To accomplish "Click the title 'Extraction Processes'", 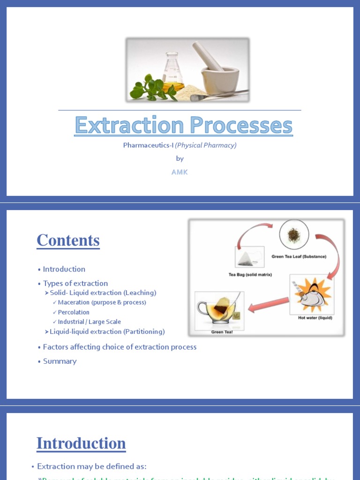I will pos(183,126).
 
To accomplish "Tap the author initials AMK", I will pos(180,172).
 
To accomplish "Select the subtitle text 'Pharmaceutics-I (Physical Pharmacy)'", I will pos(180,145).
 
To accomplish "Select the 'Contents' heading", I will pos(68,240).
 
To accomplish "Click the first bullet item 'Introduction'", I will pos(64,269).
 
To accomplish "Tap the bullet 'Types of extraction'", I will pos(75,283).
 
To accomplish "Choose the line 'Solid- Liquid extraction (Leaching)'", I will pos(103,293).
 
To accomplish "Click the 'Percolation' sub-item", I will pos(74,312).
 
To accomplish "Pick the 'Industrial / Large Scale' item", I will pos(89,322).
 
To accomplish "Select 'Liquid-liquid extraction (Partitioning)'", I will pos(107,332).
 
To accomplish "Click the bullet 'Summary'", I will pos(60,361).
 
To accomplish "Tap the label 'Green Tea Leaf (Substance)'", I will pos(299,257).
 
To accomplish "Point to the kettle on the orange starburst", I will pos(311,295).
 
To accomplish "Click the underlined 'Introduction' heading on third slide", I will pos(81,443).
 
